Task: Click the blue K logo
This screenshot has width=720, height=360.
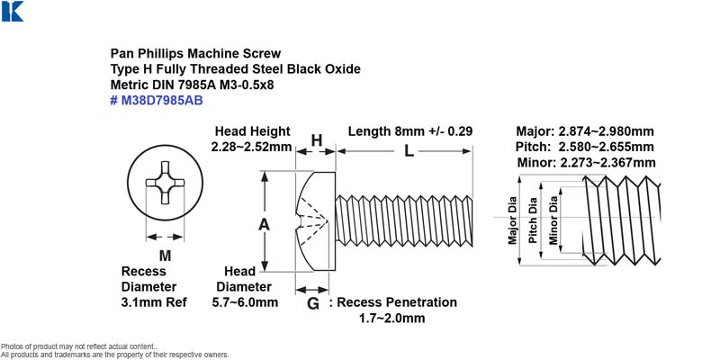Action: [13, 11]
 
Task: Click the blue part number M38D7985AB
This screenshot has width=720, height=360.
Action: [162, 101]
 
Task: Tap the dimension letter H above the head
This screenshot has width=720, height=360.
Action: [317, 140]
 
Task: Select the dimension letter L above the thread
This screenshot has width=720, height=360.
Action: [409, 150]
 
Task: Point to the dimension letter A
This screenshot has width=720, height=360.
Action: [264, 224]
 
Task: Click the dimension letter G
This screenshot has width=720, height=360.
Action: [312, 303]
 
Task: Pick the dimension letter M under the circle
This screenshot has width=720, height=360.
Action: [165, 256]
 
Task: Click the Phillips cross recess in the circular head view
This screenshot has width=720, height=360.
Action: [166, 183]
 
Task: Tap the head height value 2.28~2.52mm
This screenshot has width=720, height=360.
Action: [252, 147]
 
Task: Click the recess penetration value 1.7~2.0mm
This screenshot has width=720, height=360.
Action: [391, 319]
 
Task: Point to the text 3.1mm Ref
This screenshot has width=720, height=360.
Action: [154, 302]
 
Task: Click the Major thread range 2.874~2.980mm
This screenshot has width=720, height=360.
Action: [606, 131]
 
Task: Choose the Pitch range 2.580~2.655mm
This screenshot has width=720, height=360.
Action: [606, 147]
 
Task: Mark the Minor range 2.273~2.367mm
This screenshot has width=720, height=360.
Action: [607, 163]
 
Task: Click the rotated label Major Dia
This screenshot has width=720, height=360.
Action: [513, 220]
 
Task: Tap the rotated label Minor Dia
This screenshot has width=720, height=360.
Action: [553, 220]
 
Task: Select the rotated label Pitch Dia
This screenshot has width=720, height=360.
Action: [533, 220]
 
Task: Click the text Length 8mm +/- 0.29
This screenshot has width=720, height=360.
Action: [410, 131]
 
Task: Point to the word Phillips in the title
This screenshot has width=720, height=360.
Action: [161, 54]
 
